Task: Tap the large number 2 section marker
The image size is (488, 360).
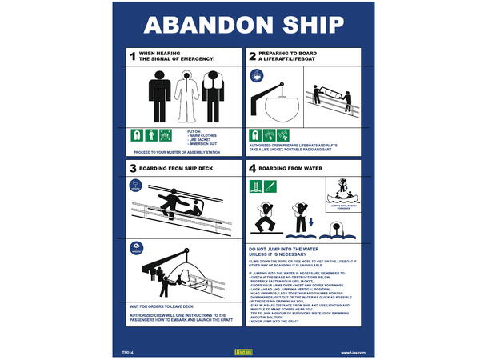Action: point(251,56)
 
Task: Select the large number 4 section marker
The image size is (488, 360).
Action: point(251,168)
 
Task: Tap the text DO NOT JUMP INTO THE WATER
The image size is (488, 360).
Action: point(285,251)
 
